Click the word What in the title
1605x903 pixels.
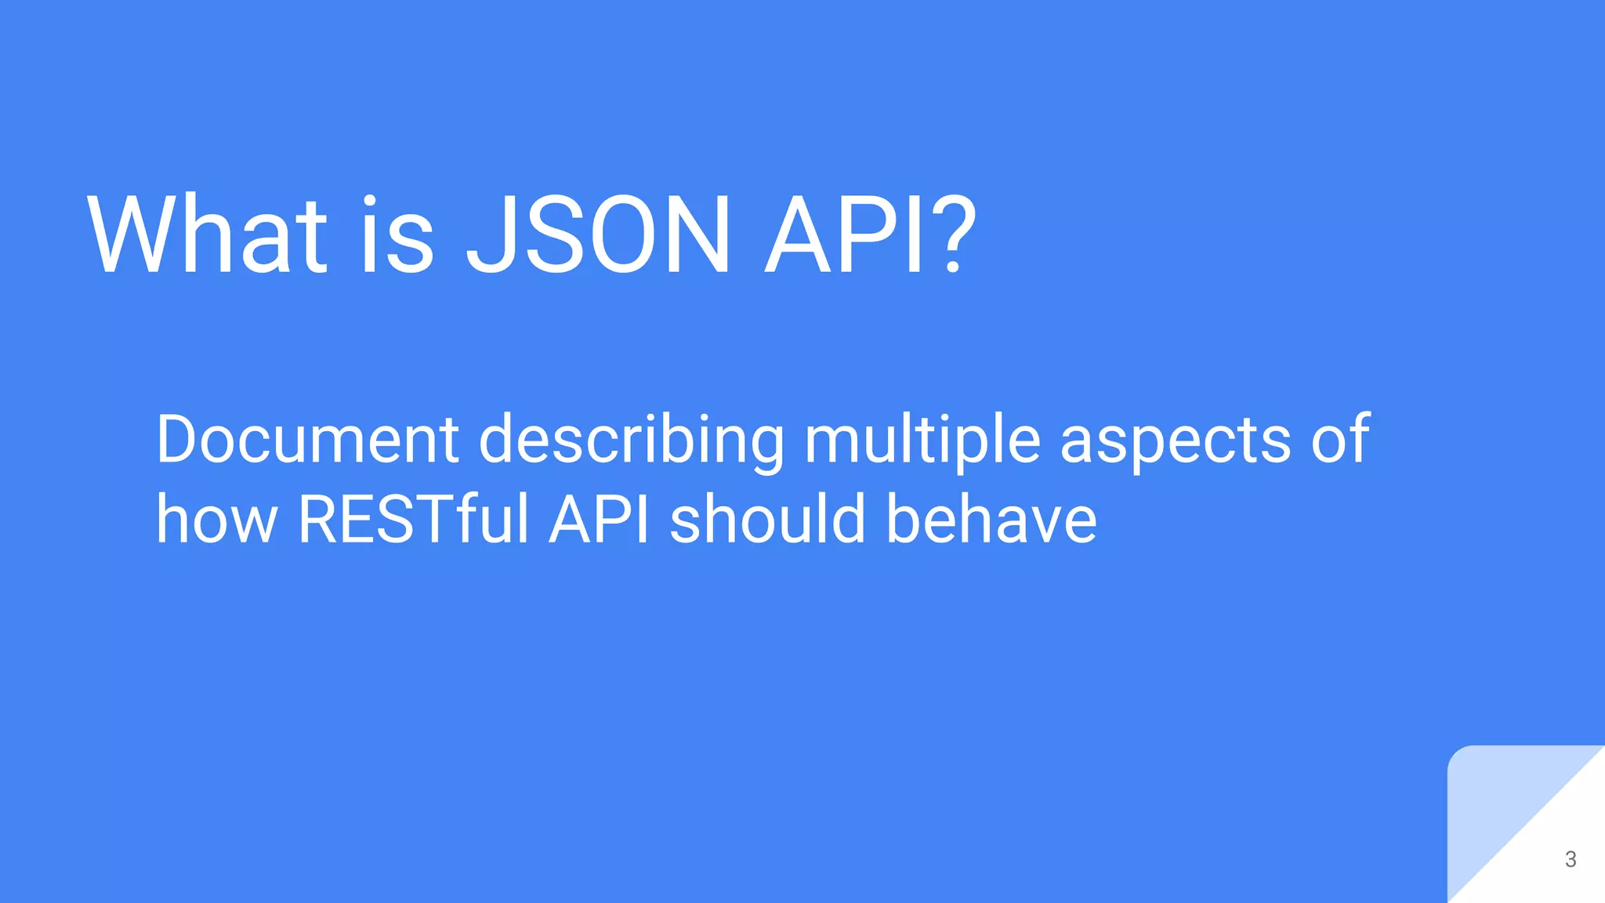(x=207, y=235)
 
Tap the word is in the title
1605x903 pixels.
(x=397, y=235)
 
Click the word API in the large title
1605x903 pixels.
(x=846, y=235)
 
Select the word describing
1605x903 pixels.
(x=631, y=441)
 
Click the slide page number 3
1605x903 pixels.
(x=1571, y=859)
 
